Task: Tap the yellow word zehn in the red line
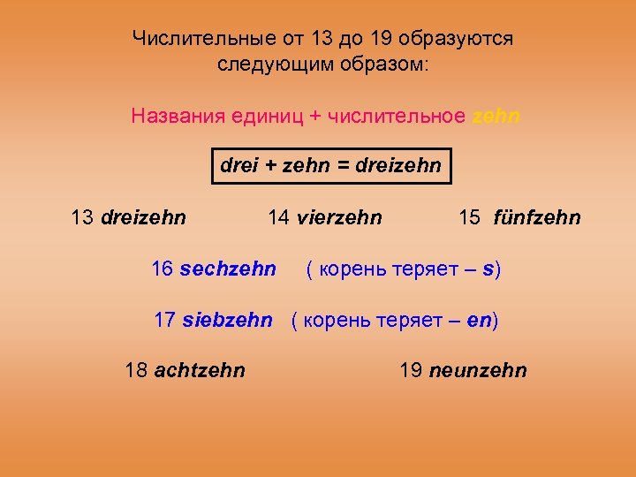click(496, 116)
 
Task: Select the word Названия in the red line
click(178, 116)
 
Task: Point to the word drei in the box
click(237, 165)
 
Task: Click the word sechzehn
click(228, 269)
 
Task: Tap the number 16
click(163, 269)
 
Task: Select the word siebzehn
click(227, 320)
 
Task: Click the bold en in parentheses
click(479, 320)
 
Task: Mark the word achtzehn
click(200, 370)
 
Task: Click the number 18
click(137, 370)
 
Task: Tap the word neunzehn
click(478, 370)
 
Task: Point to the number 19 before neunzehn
click(411, 370)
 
